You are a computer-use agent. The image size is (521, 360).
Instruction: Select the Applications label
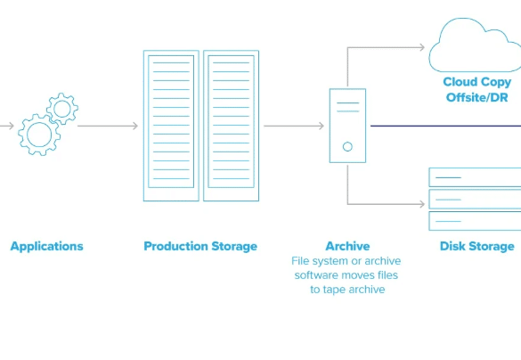[47, 246]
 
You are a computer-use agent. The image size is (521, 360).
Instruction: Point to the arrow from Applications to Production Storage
[108, 126]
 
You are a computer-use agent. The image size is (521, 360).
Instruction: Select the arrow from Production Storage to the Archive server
[294, 126]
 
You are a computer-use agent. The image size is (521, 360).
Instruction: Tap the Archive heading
[347, 246]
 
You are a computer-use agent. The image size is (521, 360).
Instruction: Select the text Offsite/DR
[476, 98]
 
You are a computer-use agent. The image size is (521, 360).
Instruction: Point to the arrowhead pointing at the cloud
[422, 47]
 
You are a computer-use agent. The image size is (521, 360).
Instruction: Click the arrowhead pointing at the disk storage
[422, 204]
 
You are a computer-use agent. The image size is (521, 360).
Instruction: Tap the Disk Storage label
[477, 246]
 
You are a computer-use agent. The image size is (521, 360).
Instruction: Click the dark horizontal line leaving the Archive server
[445, 126]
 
